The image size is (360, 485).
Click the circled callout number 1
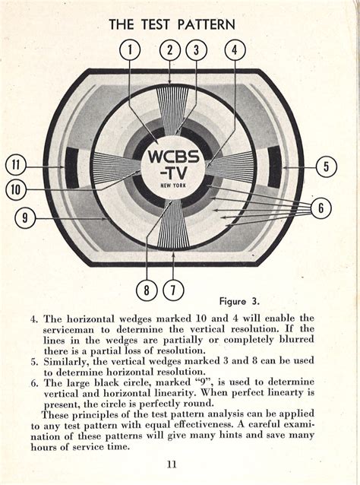tap(130, 50)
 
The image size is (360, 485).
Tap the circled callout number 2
tap(170, 50)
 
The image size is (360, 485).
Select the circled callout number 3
tap(196, 50)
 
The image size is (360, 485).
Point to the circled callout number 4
tap(235, 50)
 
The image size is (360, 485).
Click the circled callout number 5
tap(326, 166)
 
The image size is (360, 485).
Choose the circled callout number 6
tap(321, 208)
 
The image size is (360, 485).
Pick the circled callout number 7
tap(174, 290)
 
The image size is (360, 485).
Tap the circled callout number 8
tap(147, 290)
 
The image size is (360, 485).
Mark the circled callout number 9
tap(25, 218)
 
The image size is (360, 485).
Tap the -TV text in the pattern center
tap(173, 175)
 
